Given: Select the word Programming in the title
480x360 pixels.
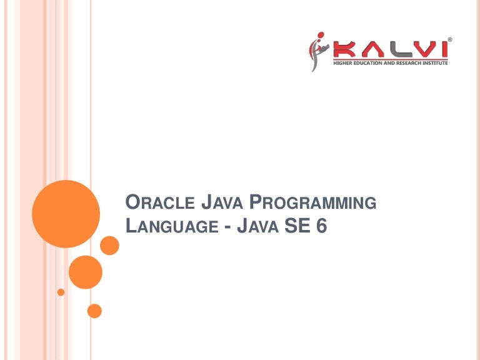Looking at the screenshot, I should [313, 202].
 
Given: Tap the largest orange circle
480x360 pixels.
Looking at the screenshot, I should [66, 214].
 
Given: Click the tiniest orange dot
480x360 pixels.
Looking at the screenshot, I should [61, 292].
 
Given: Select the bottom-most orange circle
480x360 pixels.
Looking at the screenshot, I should [94, 310].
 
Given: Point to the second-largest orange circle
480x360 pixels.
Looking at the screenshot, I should [85, 272].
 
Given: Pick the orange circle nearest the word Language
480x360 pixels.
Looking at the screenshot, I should [109, 246].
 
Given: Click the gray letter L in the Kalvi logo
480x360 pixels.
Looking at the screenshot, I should [393, 49].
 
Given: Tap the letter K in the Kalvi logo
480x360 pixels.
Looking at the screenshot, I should [341, 49].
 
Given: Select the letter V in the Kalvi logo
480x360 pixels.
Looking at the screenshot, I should [418, 49].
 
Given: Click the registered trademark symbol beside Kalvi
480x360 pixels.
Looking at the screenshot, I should [450, 39].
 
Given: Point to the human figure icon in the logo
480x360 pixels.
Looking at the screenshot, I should [317, 51].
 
